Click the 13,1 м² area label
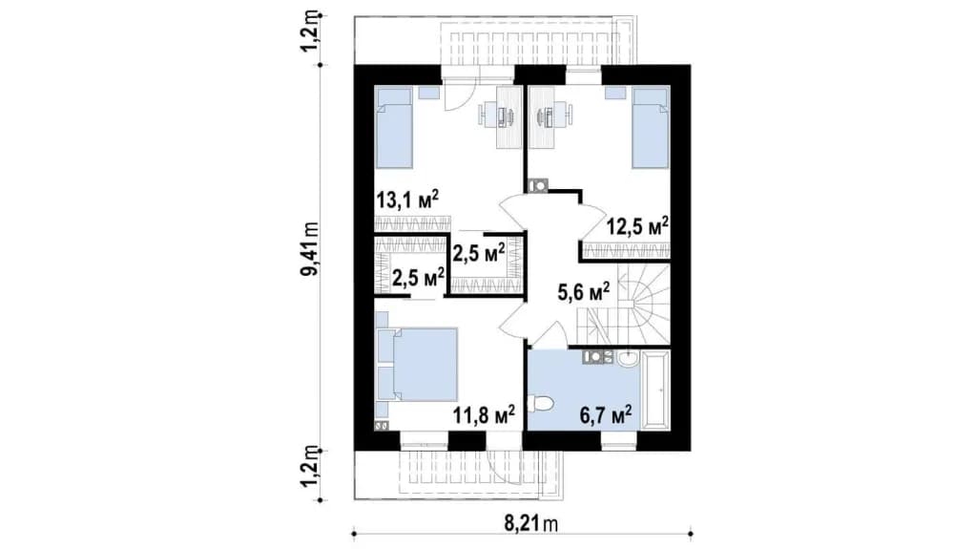[x=407, y=201]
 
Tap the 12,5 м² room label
[x=637, y=225]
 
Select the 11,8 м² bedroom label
[x=484, y=414]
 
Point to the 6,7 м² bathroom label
[x=606, y=414]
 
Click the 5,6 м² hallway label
[x=583, y=291]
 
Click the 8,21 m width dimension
[x=530, y=524]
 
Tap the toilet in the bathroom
[x=540, y=404]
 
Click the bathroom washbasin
[x=627, y=358]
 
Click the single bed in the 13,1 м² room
[x=394, y=128]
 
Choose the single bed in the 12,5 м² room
[x=651, y=128]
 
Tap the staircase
[x=623, y=304]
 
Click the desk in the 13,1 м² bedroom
[x=508, y=117]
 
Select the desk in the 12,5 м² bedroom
[x=542, y=117]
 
